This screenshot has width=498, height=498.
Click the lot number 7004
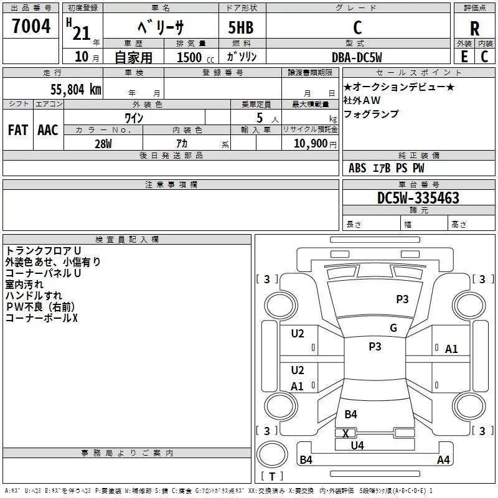pyautogui.click(x=31, y=27)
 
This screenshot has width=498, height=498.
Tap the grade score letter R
pyautogui.click(x=474, y=29)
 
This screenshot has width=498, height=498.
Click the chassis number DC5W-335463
pyautogui.click(x=418, y=198)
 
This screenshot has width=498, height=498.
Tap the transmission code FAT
pyautogui.click(x=17, y=130)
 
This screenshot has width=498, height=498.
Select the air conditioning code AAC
pyautogui.click(x=48, y=130)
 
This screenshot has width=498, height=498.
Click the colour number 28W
pyautogui.click(x=103, y=144)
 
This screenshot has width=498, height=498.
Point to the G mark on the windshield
pyautogui.click(x=393, y=328)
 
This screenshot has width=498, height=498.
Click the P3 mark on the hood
pyautogui.click(x=402, y=299)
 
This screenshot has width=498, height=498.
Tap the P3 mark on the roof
pyautogui.click(x=375, y=347)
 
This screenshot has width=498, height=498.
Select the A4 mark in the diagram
pyautogui.click(x=443, y=460)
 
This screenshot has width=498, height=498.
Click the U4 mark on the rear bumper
pyautogui.click(x=357, y=445)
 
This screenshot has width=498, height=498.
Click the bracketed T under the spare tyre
pyautogui.click(x=272, y=477)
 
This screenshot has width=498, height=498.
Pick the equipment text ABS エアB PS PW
pyautogui.click(x=387, y=168)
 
